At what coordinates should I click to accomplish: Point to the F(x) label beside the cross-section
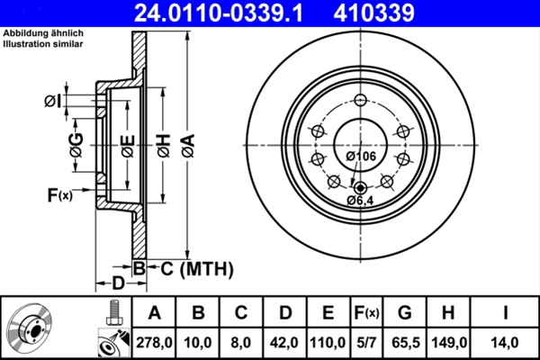pos(59,193)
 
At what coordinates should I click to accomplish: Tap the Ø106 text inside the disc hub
pos(361,157)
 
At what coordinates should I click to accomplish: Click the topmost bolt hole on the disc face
pos(361,100)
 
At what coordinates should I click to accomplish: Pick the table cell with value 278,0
pos(154,342)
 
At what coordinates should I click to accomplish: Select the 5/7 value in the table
pos(366,342)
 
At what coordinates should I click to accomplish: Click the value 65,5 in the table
pos(405,342)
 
